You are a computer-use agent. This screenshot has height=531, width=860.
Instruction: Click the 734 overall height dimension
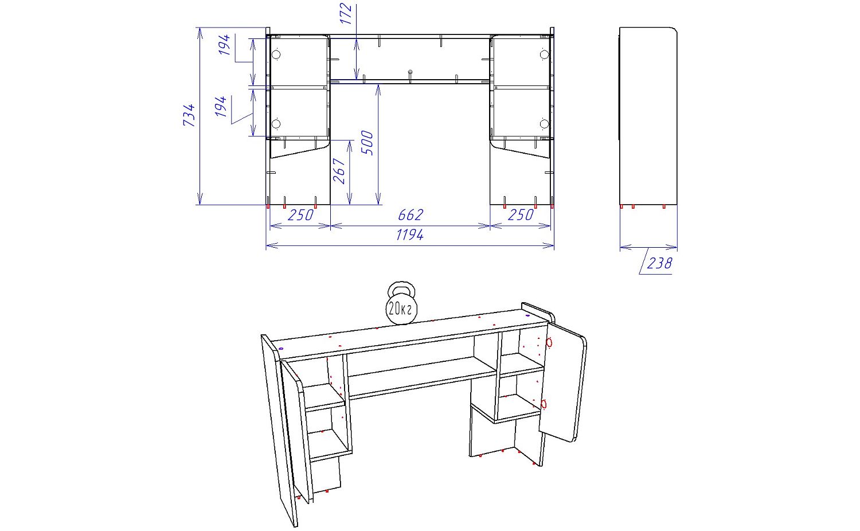click(189, 115)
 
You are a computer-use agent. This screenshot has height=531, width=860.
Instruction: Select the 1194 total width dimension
click(410, 235)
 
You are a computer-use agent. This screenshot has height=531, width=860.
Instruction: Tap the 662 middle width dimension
click(411, 215)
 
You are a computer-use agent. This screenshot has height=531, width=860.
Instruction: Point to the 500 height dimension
click(367, 142)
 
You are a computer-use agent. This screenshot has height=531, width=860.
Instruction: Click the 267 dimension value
click(339, 171)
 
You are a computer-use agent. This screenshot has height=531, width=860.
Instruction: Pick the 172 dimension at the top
click(346, 13)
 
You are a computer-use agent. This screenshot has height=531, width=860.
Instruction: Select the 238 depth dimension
click(659, 263)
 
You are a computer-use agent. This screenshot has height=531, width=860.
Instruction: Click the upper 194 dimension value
click(224, 45)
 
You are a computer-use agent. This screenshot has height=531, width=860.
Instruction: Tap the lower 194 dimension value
click(220, 107)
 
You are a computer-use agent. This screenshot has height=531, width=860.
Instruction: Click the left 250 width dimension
click(300, 215)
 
